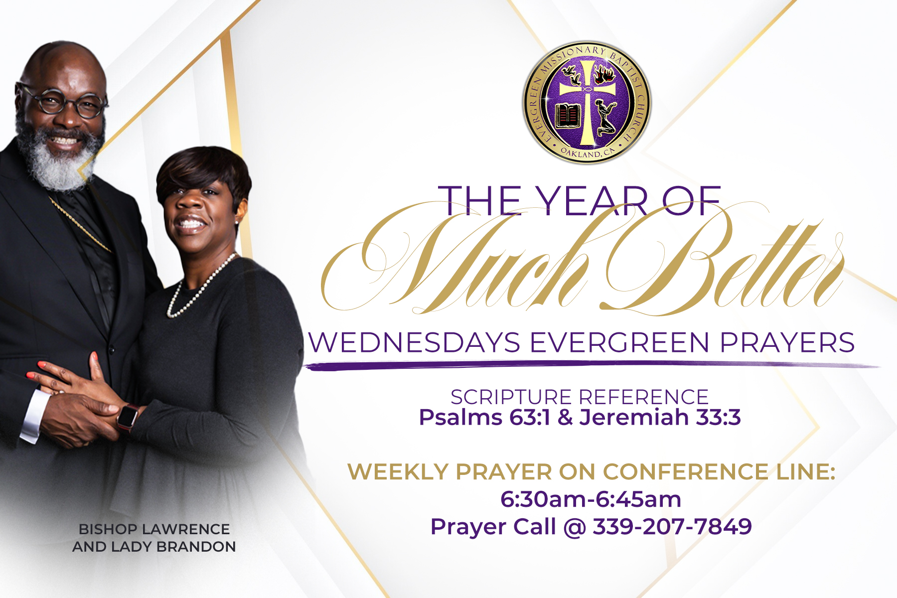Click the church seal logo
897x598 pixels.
coord(587,103)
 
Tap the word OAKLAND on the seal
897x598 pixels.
coord(581,153)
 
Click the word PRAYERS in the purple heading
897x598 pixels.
coord(787,343)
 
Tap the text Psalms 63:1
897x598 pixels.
coord(484,417)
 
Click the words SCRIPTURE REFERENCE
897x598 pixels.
coord(580,397)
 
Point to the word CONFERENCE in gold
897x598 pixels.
coord(686,471)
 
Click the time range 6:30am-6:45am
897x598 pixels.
coord(591,499)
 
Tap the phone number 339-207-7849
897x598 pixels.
coord(672,527)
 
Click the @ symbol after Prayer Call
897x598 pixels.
coord(575,527)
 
